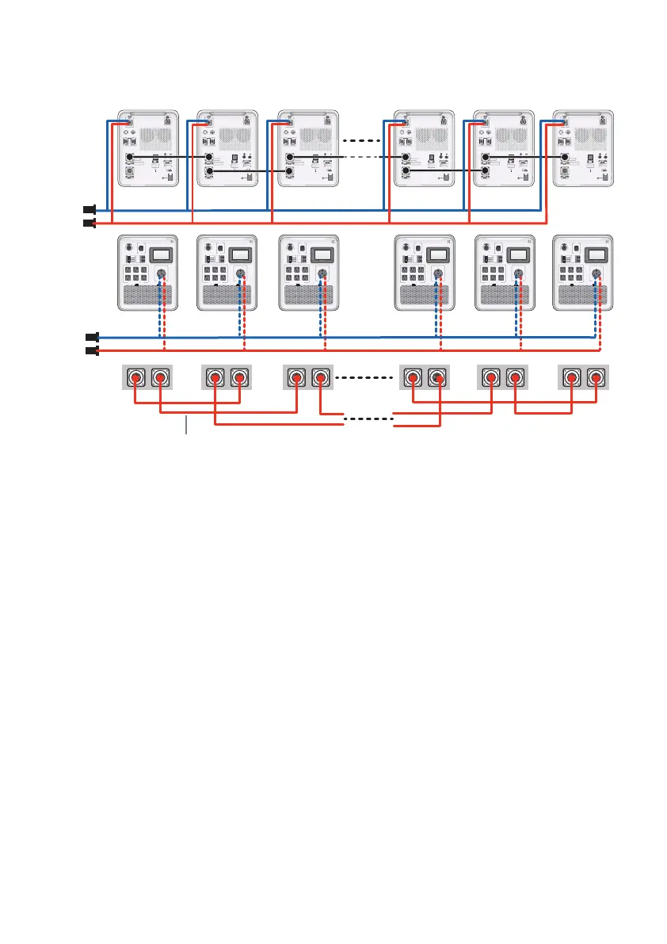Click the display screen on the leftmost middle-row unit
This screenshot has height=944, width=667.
[160, 254]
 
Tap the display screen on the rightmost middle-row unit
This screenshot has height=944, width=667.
[596, 254]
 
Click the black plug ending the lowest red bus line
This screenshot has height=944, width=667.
[91, 350]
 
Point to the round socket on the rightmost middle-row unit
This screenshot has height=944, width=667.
[596, 274]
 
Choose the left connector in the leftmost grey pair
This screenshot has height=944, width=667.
[135, 378]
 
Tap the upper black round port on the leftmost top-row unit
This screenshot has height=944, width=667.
[129, 157]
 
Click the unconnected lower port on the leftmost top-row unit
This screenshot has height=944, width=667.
[129, 171]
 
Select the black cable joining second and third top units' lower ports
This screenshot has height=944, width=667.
[250, 171]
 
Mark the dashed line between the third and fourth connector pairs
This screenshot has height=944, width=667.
[365, 378]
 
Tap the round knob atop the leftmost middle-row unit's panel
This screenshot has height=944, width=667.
[128, 246]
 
